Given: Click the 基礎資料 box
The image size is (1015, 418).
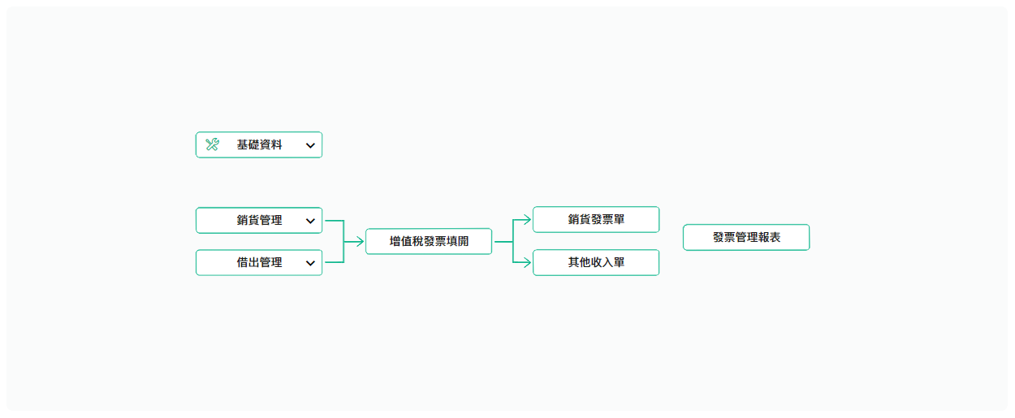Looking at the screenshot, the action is [259, 145].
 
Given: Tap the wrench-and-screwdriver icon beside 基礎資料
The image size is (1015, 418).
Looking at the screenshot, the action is [212, 144].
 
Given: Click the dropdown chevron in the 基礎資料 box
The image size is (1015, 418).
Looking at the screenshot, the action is [310, 145].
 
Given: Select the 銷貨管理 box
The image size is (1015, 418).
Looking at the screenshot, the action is [259, 221].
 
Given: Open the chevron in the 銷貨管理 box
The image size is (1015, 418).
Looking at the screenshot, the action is [310, 221].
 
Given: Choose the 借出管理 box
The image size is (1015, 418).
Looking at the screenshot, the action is [259, 263].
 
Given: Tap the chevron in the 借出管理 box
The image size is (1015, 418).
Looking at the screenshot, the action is [310, 263].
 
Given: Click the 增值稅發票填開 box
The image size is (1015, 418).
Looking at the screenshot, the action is [429, 241].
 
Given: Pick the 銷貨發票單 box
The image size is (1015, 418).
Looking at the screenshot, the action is [596, 220].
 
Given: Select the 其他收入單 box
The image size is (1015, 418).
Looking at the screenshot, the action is [596, 263].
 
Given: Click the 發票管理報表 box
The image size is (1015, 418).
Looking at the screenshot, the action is [746, 237].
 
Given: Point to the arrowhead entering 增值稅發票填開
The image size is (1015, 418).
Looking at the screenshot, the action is [361, 241].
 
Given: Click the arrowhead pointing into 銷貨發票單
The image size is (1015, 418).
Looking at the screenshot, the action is [527, 220].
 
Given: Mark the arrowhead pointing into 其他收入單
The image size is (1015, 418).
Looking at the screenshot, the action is [527, 262].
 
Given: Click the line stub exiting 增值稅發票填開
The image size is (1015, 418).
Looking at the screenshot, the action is [503, 242].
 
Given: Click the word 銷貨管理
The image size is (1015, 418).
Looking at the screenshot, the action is [259, 221].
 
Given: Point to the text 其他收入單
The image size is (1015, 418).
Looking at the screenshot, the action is [596, 263].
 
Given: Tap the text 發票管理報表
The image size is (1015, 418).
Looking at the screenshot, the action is [747, 237].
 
